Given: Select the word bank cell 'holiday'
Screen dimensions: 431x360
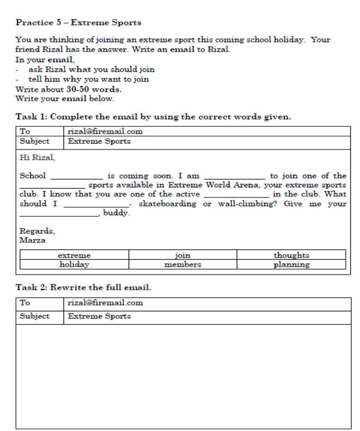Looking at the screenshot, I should click(74, 265).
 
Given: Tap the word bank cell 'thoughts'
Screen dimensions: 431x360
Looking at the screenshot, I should click(291, 255).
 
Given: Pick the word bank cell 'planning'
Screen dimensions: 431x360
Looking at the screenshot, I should click(291, 265).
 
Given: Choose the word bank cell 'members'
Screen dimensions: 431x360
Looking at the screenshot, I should click(183, 265).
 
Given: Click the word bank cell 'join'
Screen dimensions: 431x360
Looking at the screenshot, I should click(183, 255).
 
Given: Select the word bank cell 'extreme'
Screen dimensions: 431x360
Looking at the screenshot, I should click(74, 255).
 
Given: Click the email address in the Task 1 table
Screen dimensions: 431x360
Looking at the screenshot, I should click(105, 131).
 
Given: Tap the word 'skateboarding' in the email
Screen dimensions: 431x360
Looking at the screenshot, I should click(167, 204).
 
